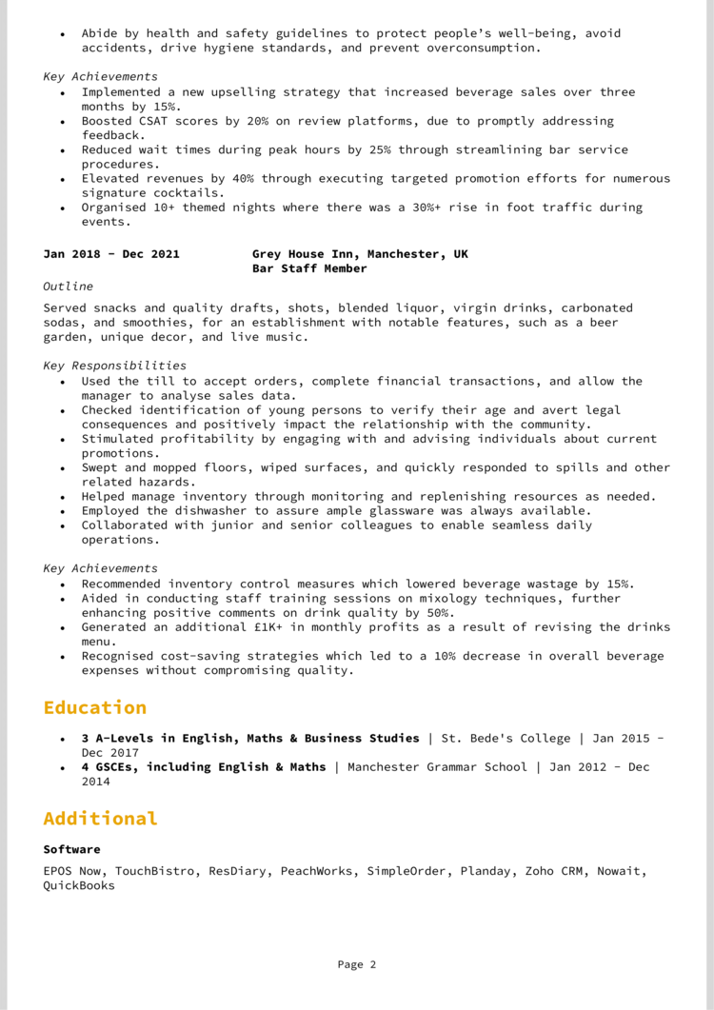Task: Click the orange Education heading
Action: (x=95, y=707)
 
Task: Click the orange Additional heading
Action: (x=100, y=819)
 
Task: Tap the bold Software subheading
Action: (x=71, y=849)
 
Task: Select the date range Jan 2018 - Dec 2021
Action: (x=111, y=254)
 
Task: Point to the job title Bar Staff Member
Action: (x=309, y=268)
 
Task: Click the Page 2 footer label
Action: (x=357, y=964)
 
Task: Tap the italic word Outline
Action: (x=69, y=286)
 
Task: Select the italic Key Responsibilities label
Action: (x=115, y=365)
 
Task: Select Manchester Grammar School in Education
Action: (x=437, y=766)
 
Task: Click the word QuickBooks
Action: (x=79, y=885)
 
